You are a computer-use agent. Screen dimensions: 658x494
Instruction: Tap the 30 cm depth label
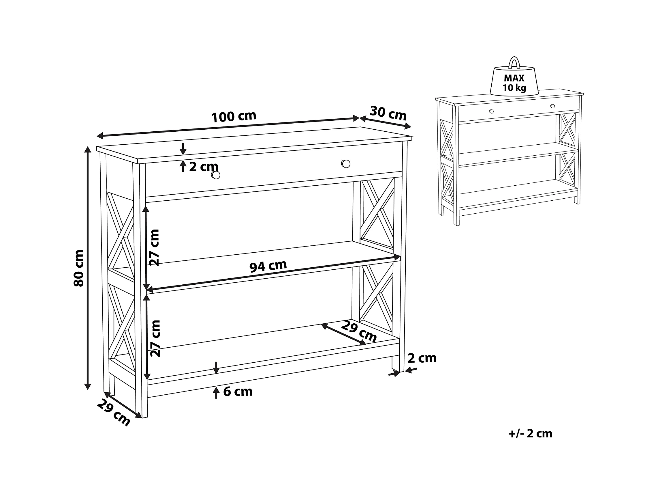pos(388,113)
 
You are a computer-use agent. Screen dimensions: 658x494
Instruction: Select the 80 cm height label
pos(79,268)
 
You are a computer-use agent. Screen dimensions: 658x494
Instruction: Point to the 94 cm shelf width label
pos(268,266)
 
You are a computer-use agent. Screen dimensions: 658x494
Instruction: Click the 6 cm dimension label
pos(238,392)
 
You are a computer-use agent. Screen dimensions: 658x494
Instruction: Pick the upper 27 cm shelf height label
pos(155,248)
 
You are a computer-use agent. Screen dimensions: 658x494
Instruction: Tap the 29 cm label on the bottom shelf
pos(359,331)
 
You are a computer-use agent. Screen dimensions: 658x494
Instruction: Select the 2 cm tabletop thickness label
pos(204,167)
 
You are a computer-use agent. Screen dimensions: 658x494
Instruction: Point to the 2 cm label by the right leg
pos(422,358)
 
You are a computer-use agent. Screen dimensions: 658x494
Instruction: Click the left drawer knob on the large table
pos(216,175)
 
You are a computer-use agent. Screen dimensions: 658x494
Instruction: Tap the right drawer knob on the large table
pos(346,164)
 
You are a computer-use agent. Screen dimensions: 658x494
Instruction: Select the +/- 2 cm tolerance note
pos(530,434)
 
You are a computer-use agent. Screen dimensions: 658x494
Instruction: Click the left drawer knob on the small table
pos(491,111)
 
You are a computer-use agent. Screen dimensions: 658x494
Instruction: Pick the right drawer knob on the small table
pos(553,106)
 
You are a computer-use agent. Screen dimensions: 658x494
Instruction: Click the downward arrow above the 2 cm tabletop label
pos(183,149)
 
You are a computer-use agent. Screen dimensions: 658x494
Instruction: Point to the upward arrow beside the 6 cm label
pos(216,392)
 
